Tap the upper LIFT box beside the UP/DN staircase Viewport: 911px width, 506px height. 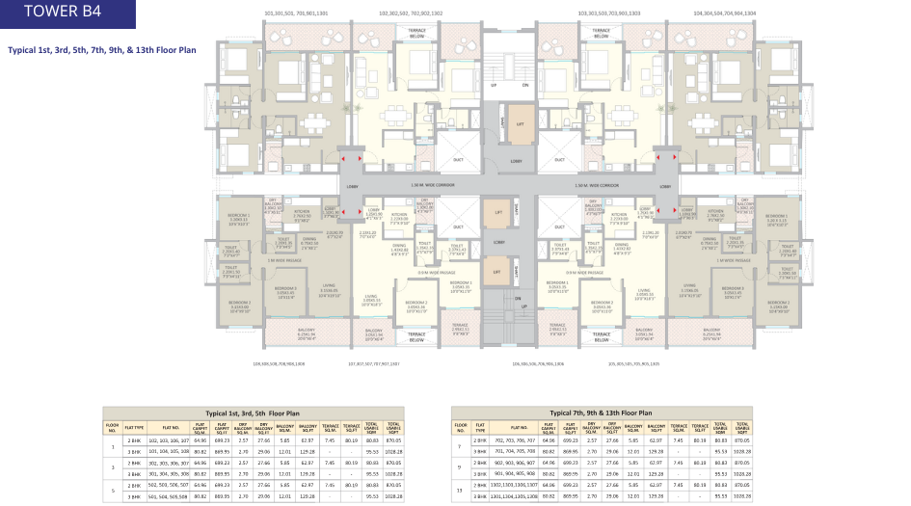[520, 123]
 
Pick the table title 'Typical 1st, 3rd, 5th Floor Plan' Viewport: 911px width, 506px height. [255, 412]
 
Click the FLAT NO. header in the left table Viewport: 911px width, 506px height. [172, 425]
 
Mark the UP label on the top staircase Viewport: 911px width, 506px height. [494, 85]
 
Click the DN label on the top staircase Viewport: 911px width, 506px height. [525, 85]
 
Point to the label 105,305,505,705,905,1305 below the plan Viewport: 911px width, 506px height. [633, 364]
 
